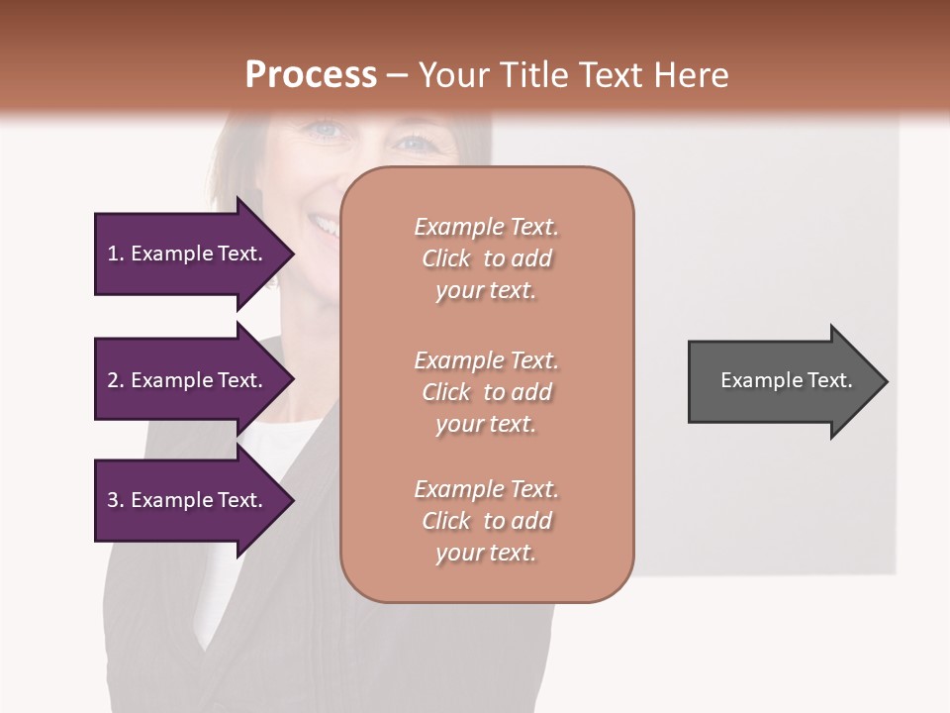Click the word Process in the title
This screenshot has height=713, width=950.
(311, 75)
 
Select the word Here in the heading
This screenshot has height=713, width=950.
(691, 75)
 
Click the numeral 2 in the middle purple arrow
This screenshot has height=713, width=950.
(113, 380)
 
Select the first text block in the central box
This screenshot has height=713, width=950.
(486, 258)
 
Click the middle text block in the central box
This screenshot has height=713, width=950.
(486, 392)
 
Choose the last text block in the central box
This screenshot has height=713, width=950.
(486, 521)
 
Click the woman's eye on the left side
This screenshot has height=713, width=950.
(326, 130)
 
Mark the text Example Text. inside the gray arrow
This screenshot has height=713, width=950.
(786, 380)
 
